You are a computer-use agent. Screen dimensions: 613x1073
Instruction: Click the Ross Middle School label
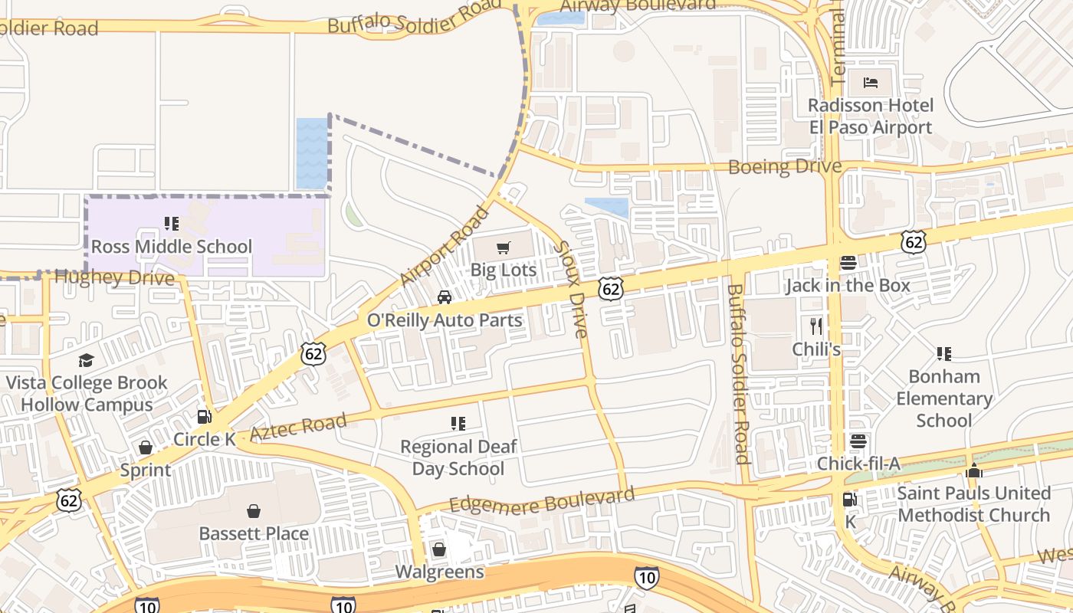[171, 247]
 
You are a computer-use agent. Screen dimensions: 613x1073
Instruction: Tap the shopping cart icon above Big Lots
[503, 247]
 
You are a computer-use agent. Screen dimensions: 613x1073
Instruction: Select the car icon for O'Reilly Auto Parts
[445, 297]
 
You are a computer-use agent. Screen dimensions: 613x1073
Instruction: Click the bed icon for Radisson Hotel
[871, 82]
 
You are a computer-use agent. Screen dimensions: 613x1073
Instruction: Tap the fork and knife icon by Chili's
[816, 326]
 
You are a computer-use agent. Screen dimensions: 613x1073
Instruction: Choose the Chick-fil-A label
[858, 464]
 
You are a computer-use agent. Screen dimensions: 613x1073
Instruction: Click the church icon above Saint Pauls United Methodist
[974, 470]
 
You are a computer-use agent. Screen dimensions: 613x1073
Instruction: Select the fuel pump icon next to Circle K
[204, 417]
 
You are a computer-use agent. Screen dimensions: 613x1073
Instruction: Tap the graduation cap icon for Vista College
[86, 360]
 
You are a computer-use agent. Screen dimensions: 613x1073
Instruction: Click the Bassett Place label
[254, 533]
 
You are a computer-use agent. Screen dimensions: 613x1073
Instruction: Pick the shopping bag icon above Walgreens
[439, 549]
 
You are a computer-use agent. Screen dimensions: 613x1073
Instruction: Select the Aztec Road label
[298, 427]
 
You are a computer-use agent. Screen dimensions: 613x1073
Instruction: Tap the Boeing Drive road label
[784, 166]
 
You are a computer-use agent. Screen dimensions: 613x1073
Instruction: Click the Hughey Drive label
[115, 277]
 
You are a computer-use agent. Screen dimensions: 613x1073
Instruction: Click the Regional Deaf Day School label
[458, 457]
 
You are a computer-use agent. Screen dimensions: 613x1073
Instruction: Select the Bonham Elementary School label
[944, 398]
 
